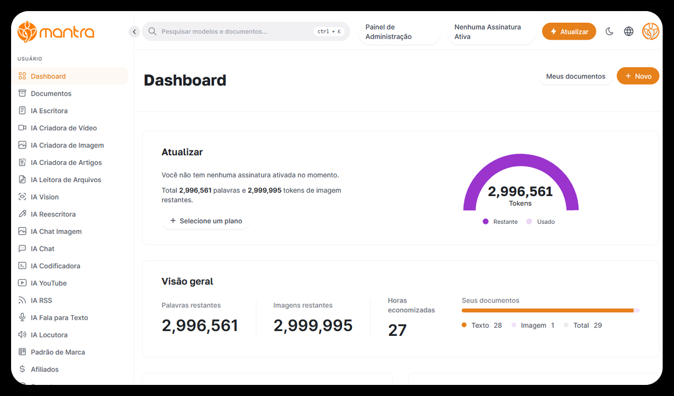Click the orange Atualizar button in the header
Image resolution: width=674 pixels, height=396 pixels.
(569, 32)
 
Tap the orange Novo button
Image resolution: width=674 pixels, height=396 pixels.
(638, 76)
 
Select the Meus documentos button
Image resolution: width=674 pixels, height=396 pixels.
(575, 76)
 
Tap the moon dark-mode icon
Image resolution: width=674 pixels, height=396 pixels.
(609, 32)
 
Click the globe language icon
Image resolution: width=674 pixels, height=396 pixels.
(629, 32)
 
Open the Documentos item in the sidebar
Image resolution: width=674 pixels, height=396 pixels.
(51, 93)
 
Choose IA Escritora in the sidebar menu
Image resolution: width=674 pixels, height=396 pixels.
(49, 111)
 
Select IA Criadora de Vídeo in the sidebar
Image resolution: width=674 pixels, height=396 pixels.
(63, 128)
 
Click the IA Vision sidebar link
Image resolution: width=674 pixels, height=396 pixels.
(45, 197)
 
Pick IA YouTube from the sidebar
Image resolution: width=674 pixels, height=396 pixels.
(49, 283)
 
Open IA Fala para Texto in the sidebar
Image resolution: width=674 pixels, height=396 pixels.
(59, 317)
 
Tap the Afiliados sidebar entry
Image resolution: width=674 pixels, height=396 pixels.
(44, 369)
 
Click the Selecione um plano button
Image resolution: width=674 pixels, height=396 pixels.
(205, 221)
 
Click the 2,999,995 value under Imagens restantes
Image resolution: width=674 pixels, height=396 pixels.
(313, 326)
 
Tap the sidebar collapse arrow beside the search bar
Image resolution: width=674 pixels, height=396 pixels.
(134, 32)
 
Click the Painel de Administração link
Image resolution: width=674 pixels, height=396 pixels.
(388, 32)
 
